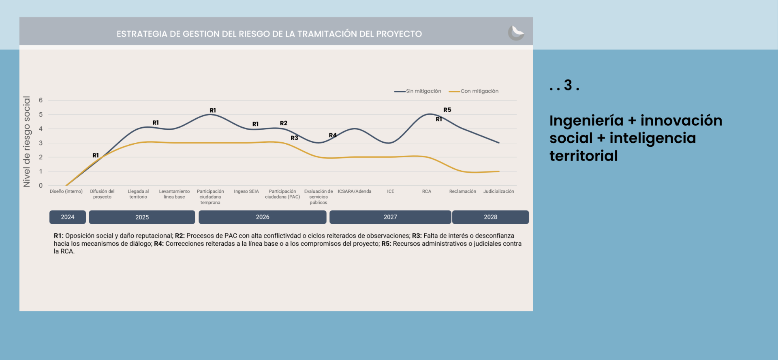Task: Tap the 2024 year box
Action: pos(68,217)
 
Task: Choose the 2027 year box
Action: pos(390,217)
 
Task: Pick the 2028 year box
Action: pos(490,217)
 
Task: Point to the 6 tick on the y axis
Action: pos(41,100)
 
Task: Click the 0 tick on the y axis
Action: pos(41,186)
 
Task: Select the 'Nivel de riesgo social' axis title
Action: pos(27,142)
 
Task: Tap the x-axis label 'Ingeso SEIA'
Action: pos(246,191)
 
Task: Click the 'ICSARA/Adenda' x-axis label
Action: pos(355,191)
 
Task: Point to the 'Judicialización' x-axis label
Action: pos(498,191)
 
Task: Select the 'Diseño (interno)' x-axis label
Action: pos(66,191)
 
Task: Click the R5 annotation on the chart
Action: pos(447,110)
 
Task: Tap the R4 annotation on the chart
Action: pos(333,135)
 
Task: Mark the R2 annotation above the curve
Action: pos(284,123)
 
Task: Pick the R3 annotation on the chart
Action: pos(295,138)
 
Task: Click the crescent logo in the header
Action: pos(516,33)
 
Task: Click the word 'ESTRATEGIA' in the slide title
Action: pos(142,34)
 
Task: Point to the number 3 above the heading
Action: pos(568,85)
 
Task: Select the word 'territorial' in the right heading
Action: pos(583,156)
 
